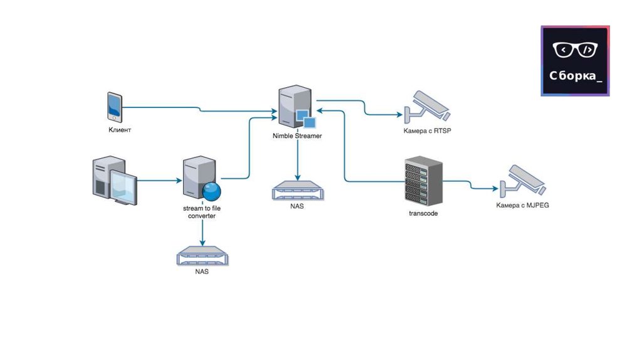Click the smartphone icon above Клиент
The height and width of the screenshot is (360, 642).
(115, 108)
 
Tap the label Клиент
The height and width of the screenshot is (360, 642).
(120, 130)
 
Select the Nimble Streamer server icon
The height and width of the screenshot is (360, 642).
(297, 108)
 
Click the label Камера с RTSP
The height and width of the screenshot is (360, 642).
(428, 131)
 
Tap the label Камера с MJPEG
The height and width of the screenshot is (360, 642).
(523, 205)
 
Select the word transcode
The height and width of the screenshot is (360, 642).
(423, 213)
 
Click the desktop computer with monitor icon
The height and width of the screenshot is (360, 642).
(115, 181)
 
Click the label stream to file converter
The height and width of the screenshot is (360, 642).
(202, 212)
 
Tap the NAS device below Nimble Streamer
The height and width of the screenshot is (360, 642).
(297, 189)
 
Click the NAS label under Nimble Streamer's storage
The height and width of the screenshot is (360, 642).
(297, 206)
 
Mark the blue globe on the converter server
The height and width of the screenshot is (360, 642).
(213, 191)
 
